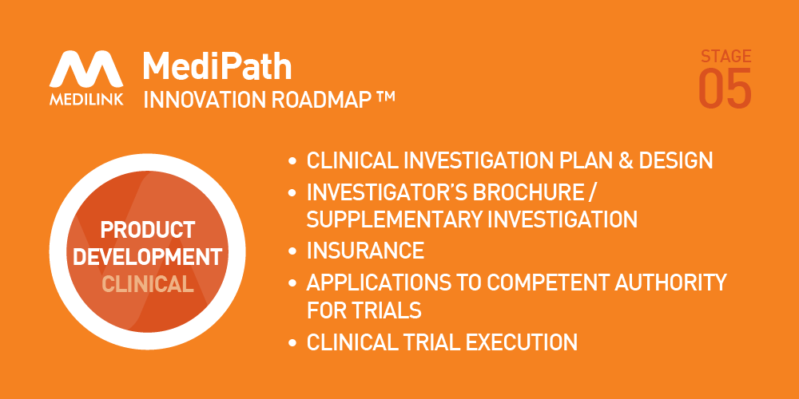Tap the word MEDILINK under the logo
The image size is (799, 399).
click(x=86, y=98)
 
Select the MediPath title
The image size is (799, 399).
click(x=217, y=67)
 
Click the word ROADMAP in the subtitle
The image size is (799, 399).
click(x=320, y=100)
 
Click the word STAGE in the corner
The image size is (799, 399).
click(x=725, y=56)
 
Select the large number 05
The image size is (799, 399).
click(x=725, y=89)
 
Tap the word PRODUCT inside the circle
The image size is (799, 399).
click(x=148, y=230)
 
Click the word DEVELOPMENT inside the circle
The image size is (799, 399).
click(x=148, y=257)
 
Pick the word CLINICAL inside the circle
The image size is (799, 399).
click(x=148, y=284)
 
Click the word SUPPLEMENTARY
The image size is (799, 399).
click(x=393, y=219)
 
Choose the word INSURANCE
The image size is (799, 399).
click(x=365, y=251)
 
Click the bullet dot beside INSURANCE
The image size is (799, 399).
click(x=292, y=251)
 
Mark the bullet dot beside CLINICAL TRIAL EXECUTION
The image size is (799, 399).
click(x=292, y=342)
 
